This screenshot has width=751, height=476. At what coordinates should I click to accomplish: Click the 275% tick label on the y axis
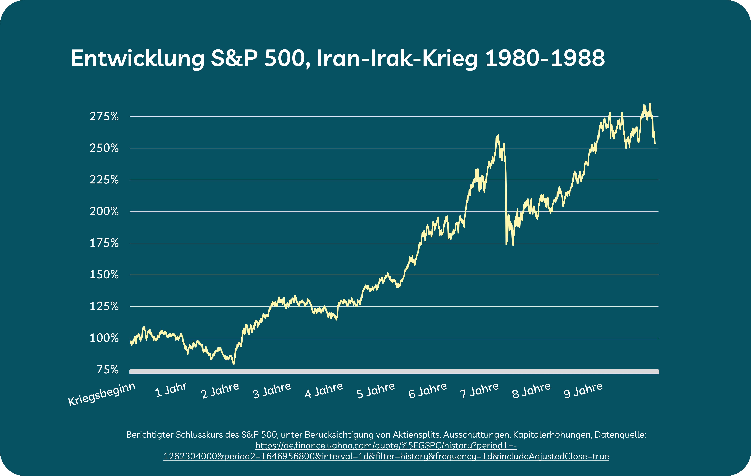pyautogui.click(x=104, y=117)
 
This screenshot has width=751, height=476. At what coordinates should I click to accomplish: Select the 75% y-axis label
pyautogui.click(x=108, y=370)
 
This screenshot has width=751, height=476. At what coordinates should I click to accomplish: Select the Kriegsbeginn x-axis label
pyautogui.click(x=102, y=394)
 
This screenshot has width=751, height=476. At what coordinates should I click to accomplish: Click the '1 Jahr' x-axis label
pyautogui.click(x=171, y=390)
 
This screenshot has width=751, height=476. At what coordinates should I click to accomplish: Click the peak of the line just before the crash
pyautogui.click(x=498, y=135)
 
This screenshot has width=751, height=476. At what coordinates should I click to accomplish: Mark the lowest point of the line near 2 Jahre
pyautogui.click(x=234, y=364)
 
